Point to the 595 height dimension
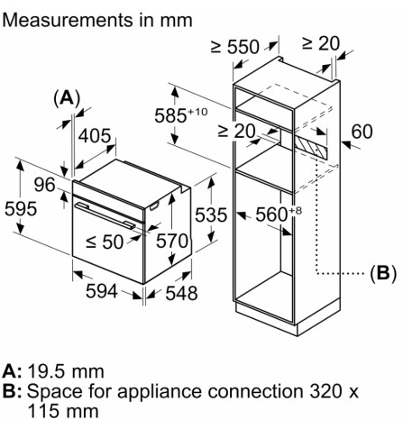(x=20, y=209)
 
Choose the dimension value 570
(x=170, y=242)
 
